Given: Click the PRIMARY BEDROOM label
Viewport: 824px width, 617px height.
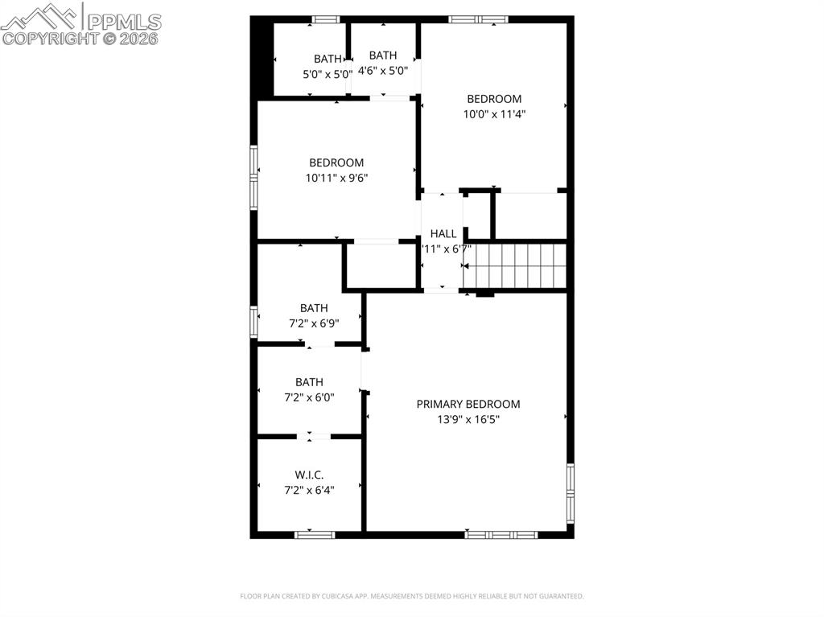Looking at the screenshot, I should tap(468, 404).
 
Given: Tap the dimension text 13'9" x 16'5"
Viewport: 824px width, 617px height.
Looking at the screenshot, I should tap(468, 419).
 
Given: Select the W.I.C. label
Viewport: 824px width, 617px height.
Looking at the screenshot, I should tap(309, 475).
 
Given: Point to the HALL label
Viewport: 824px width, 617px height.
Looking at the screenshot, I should tap(443, 233).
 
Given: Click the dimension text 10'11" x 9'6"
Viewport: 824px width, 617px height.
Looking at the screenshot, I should tap(336, 178).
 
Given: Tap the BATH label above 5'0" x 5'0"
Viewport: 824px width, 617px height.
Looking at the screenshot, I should tap(328, 59).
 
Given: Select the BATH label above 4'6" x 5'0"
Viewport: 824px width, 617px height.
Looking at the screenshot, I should tap(383, 56).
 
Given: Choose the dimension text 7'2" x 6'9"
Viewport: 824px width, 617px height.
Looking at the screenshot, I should tap(314, 323).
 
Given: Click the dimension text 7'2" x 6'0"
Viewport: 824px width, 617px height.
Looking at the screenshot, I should tap(309, 397).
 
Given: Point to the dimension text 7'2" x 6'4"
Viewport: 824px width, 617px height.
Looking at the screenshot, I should tap(309, 489).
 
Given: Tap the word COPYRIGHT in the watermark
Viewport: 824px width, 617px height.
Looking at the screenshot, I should tap(51, 37).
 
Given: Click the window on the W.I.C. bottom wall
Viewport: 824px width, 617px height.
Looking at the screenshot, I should tap(314, 534).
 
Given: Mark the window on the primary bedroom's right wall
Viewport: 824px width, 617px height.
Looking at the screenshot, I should tap(571, 492).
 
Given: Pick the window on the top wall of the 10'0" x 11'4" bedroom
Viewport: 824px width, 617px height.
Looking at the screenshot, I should tap(478, 19).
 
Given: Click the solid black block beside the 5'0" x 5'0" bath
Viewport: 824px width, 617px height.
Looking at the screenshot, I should tap(262, 58).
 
